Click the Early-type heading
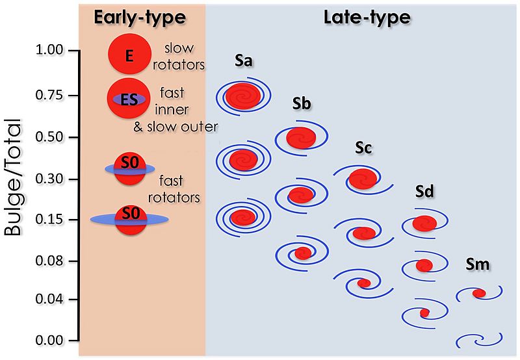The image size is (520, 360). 140,18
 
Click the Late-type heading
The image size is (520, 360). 367,18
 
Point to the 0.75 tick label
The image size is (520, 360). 49,95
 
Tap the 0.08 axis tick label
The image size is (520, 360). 49,261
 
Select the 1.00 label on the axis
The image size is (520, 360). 49,50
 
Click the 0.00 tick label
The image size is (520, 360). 49,341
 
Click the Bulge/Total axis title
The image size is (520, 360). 13,177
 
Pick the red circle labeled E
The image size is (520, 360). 129,54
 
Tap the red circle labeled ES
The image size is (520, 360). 129,99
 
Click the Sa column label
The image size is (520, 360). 243,60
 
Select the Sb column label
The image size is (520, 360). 302,104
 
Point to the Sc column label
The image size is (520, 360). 363,148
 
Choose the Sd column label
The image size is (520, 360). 424,192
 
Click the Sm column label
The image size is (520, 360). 478,264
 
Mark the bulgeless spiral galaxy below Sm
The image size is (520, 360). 479,341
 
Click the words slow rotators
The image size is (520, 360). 178,57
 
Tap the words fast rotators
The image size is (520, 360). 174,189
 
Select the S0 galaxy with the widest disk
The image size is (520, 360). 129,220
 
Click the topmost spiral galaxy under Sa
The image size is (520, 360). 243,96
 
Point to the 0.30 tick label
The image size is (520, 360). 49,179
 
